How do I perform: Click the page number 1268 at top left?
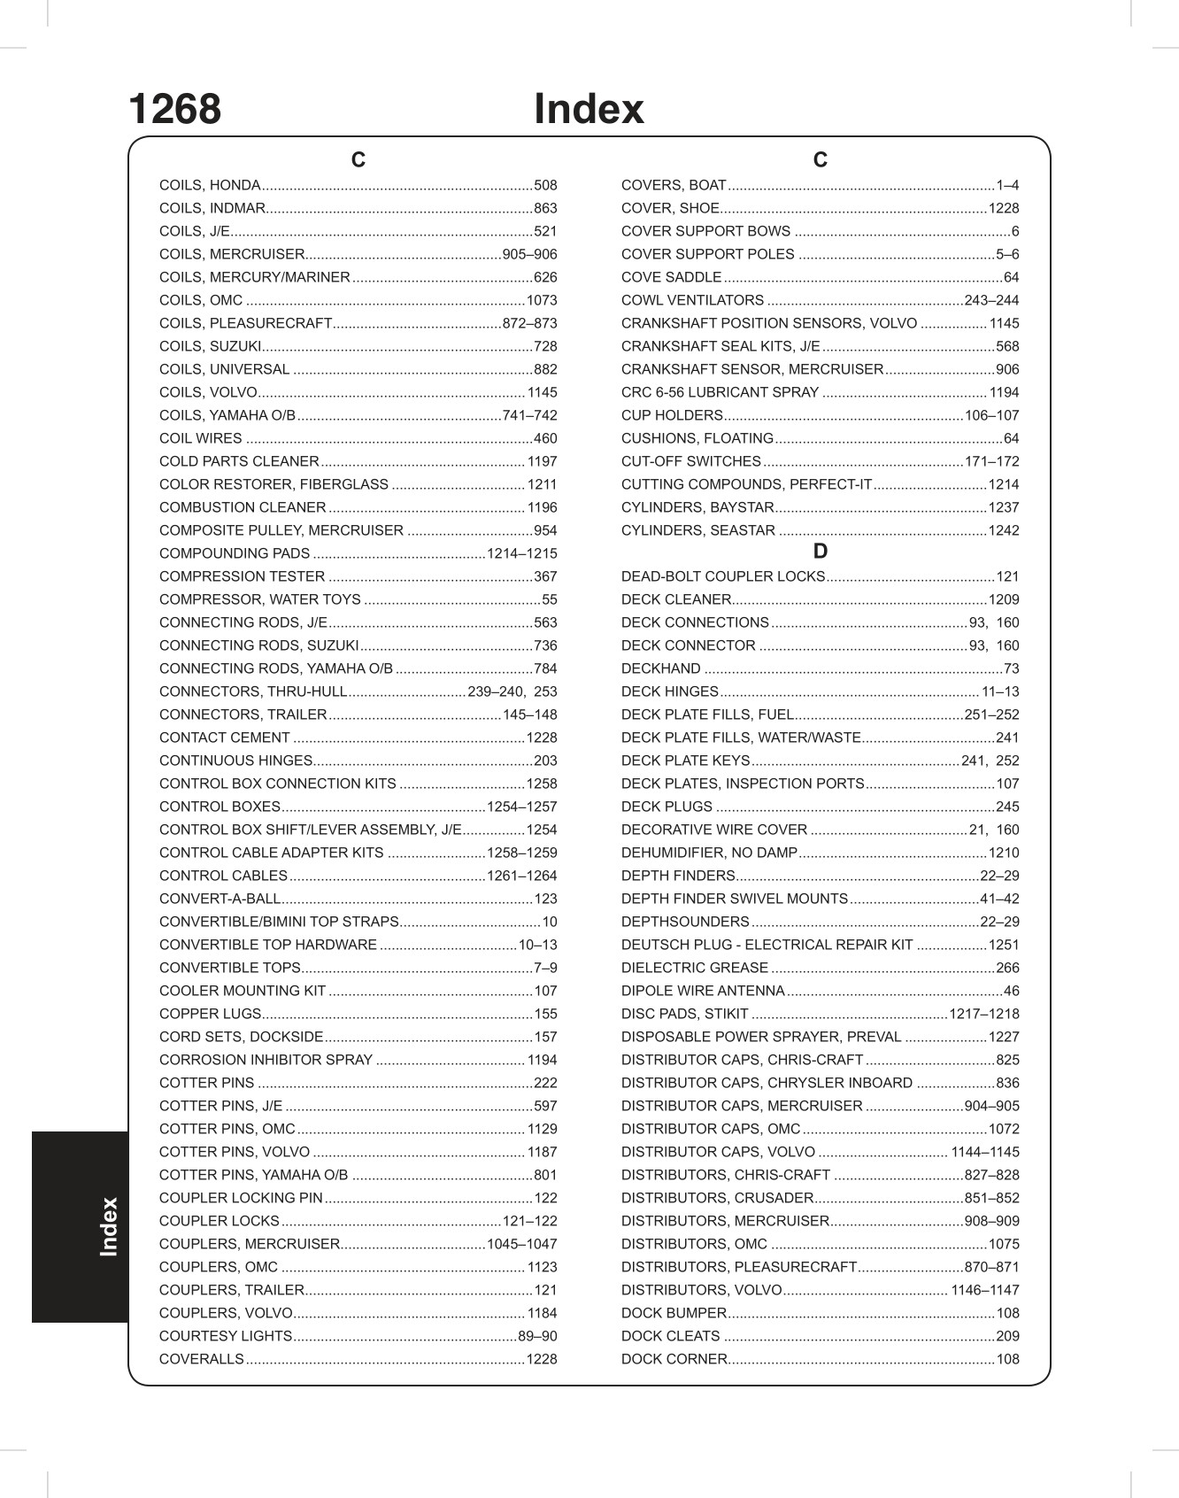pyautogui.click(x=174, y=110)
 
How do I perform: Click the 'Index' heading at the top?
pyautogui.click(x=589, y=110)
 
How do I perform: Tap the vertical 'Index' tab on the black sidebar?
pyautogui.click(x=109, y=1226)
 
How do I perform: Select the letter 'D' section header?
pyautogui.click(x=820, y=552)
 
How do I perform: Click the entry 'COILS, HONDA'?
pyautogui.click(x=210, y=185)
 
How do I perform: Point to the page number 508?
pyautogui.click(x=545, y=185)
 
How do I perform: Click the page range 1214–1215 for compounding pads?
pyautogui.click(x=521, y=553)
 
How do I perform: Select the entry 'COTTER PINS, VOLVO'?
pyautogui.click(x=235, y=1152)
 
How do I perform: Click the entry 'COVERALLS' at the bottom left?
pyautogui.click(x=201, y=1359)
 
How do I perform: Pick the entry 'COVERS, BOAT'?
pyautogui.click(x=674, y=185)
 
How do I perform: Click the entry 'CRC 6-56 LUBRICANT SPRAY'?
pyautogui.click(x=720, y=392)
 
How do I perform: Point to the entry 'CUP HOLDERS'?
pyautogui.click(x=672, y=415)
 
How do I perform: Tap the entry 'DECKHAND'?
pyautogui.click(x=660, y=668)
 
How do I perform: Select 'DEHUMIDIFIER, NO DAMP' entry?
pyautogui.click(x=709, y=853)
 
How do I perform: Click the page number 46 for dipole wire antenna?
pyautogui.click(x=1011, y=991)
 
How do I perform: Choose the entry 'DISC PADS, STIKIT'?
pyautogui.click(x=684, y=1014)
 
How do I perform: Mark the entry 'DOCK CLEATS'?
pyautogui.click(x=670, y=1336)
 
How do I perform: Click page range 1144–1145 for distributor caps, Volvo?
pyautogui.click(x=984, y=1152)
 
